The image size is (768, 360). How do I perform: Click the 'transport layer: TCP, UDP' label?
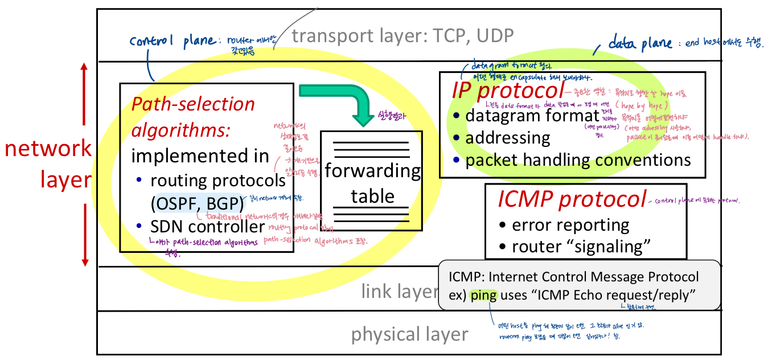point(403,36)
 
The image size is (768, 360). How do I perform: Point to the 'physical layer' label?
point(409,334)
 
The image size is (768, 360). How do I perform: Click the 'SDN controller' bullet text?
point(207,226)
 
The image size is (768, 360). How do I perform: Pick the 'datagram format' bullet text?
point(532,115)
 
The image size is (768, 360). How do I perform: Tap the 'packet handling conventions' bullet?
point(578,159)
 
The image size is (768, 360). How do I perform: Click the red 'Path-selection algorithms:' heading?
point(192,117)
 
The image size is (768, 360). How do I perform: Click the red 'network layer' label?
point(48,164)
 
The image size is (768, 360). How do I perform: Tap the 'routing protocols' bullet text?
point(217,181)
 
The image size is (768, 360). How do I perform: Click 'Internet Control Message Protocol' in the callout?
point(594,277)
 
